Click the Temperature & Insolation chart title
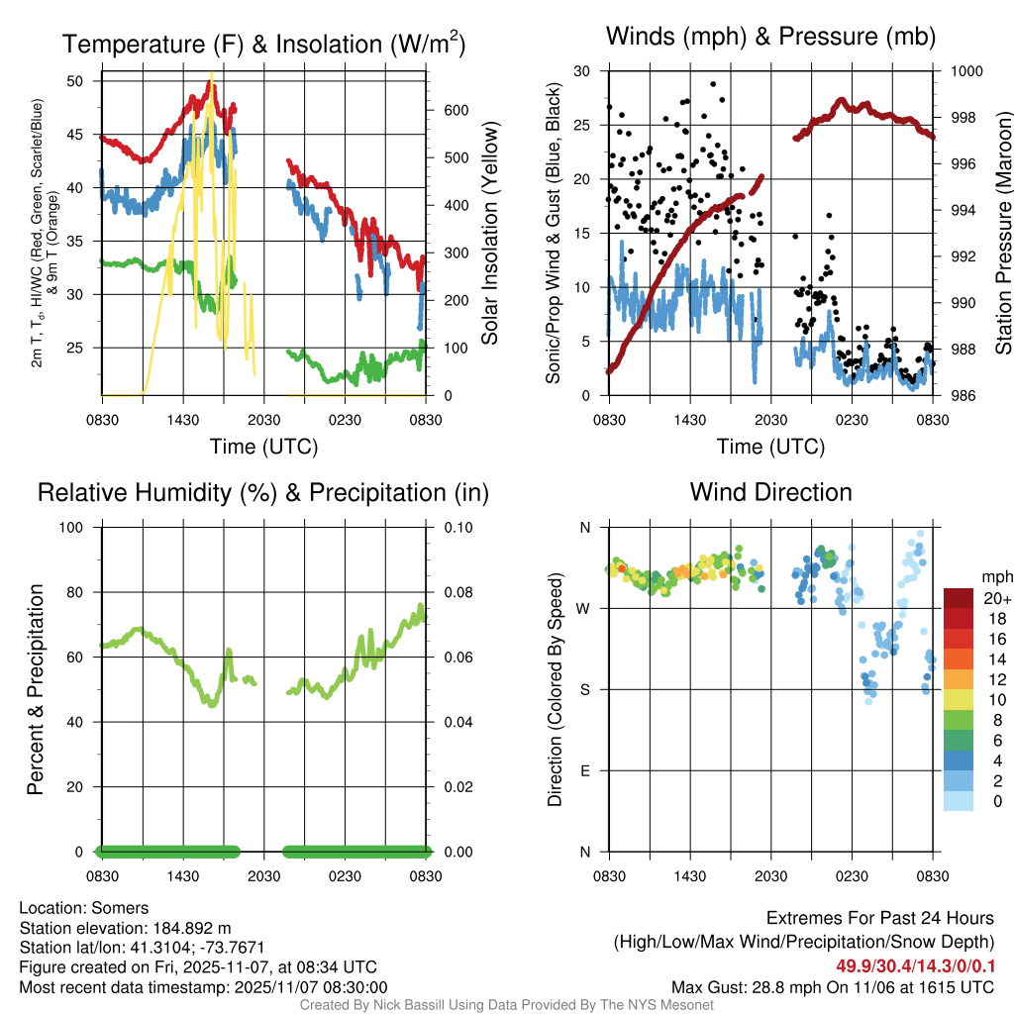263,45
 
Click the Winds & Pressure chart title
770,38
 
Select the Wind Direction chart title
770,492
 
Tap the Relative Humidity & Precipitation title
263,492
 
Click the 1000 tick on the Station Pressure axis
965,71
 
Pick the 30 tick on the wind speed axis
582,71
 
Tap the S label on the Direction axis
583,689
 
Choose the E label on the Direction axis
583,770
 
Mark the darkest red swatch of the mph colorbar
958,598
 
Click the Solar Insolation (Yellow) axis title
489,234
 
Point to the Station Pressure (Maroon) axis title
1002,234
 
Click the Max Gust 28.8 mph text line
832,986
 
